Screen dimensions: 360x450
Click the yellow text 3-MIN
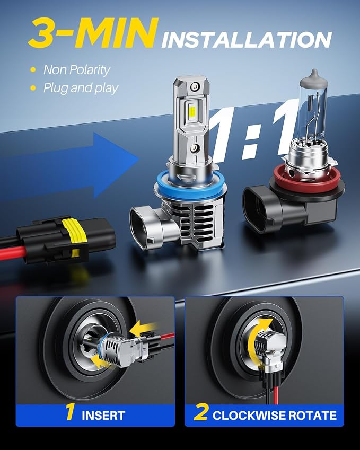94,32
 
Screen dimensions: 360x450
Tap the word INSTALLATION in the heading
247,40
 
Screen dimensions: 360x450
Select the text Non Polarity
77,70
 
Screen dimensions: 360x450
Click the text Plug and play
81,88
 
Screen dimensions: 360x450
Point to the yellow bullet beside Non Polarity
33,70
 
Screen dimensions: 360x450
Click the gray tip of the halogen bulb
314,77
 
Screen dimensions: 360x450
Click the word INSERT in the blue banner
103,415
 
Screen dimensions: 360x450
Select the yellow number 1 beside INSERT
70,412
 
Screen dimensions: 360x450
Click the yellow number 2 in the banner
201,412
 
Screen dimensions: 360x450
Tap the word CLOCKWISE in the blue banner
249,415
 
